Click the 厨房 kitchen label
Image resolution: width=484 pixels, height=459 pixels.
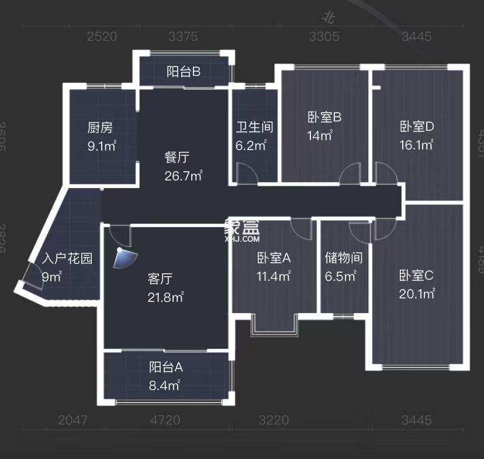tap(100, 127)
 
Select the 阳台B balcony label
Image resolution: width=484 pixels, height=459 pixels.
tap(184, 72)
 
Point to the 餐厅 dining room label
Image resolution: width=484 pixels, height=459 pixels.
tap(177, 157)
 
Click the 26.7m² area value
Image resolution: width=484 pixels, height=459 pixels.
tap(184, 175)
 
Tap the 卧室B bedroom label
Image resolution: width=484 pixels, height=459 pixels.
tap(324, 117)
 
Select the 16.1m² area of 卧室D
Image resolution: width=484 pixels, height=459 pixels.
tap(416, 145)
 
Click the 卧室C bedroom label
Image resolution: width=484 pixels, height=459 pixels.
tap(416, 275)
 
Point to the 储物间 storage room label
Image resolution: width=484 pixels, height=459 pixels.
tap(344, 258)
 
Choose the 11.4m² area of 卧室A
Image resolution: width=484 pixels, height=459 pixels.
tap(274, 276)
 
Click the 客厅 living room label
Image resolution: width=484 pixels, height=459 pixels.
tap(159, 279)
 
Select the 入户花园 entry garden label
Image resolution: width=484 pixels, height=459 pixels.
tap(67, 259)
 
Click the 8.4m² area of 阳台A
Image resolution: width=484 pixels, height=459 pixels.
tap(164, 385)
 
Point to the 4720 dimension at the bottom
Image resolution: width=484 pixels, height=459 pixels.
tap(165, 420)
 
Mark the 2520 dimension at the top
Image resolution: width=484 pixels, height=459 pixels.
tap(102, 37)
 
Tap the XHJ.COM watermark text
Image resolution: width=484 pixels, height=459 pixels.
tap(241, 239)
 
